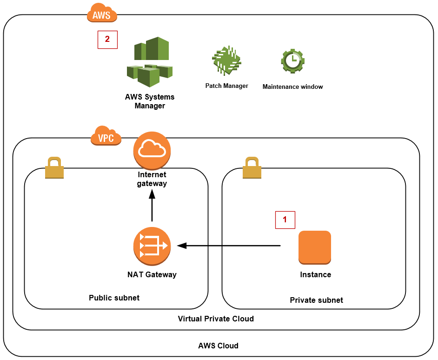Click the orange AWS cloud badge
pos(102,13)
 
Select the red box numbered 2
pos(107,40)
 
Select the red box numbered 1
pos(285,220)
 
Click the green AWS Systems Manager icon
pos(150,62)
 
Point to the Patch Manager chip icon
pos(226,60)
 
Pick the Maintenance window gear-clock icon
pos(293,61)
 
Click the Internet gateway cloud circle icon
pos(152,151)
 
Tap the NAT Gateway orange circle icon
pos(152,246)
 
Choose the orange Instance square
pos(315,247)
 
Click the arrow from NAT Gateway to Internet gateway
pos(152,206)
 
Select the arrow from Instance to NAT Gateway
pos(229,246)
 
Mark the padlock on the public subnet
pos(54,167)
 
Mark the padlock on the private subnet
pos(252,167)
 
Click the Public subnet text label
pos(114,298)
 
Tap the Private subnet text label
pos(317,300)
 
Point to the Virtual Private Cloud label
pos(216,319)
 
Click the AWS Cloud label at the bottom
pos(219,346)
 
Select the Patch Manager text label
pos(227,86)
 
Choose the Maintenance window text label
pos(293,87)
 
